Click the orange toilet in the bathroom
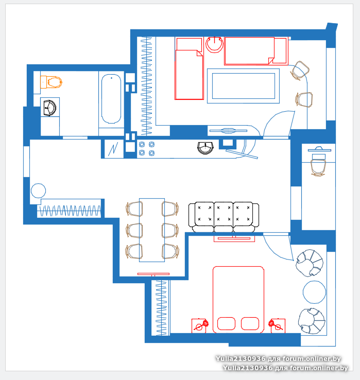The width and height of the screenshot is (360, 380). tap(51, 82)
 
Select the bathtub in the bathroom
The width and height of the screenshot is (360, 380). tap(111, 99)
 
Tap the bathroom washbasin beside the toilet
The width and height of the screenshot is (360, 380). tap(49, 108)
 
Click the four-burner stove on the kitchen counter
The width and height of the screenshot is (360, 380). tap(147, 149)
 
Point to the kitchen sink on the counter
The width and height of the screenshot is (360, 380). tap(205, 148)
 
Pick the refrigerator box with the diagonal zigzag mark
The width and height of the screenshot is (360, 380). tap(113, 149)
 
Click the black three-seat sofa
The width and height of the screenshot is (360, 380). tap(224, 217)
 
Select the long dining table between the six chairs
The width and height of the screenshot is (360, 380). tap(152, 230)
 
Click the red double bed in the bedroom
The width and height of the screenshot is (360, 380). tap(238, 300)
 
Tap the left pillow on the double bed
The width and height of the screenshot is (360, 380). tap(226, 323)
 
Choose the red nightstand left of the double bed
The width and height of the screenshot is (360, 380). tap(199, 326)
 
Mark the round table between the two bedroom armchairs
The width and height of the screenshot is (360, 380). tap(315, 292)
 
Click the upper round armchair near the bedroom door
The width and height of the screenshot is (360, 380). tap(310, 263)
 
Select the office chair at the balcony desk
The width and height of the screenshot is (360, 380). tap(318, 165)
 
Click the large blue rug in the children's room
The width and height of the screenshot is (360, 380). tap(243, 86)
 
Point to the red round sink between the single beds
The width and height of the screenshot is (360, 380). tap(214, 45)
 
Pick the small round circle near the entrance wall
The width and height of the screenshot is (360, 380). tap(38, 191)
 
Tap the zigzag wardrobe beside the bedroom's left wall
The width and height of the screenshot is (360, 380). tap(161, 308)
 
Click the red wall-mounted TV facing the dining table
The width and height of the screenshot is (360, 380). tap(153, 274)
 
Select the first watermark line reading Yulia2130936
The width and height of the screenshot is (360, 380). tap(278, 359)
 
